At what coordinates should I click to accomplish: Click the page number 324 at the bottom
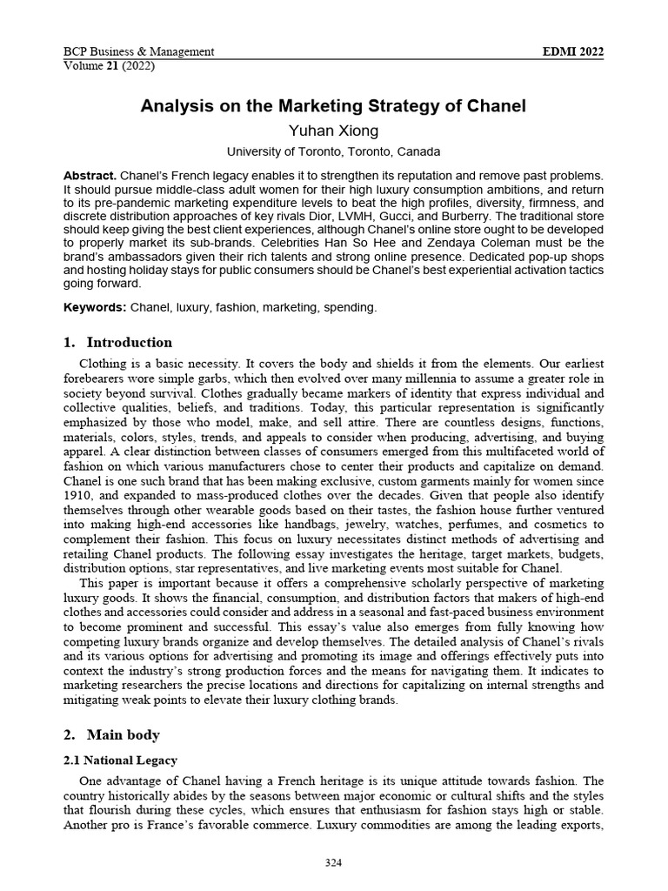(x=334, y=862)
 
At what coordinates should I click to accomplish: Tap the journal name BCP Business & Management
(x=139, y=51)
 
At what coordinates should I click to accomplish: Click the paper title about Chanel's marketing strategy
(x=334, y=107)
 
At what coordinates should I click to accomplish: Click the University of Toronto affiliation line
(x=334, y=151)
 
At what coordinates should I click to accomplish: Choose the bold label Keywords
(x=95, y=308)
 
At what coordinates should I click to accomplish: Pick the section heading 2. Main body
(x=112, y=735)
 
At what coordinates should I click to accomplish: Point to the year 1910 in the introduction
(x=77, y=492)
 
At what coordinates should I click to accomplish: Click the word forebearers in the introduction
(x=98, y=379)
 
